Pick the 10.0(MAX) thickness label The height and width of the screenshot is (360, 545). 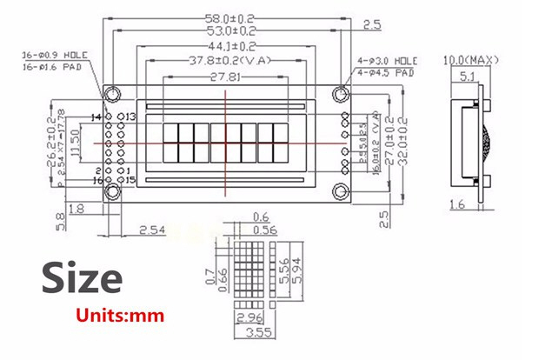pyautogui.click(x=469, y=60)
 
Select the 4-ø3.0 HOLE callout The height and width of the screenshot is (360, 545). pyautogui.click(x=386, y=61)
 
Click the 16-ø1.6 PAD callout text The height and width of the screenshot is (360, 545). pyautogui.click(x=50, y=65)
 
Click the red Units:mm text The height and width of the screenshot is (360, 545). pyautogui.click(x=119, y=315)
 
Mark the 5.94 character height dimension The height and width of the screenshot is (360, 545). pyautogui.click(x=296, y=277)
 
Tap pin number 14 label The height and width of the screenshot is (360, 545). pyautogui.click(x=97, y=117)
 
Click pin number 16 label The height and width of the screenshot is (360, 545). pyautogui.click(x=97, y=180)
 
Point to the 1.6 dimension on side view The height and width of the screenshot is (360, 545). pyautogui.click(x=459, y=204)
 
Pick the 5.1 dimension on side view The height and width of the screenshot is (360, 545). pyautogui.click(x=466, y=77)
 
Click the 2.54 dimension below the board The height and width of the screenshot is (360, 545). pyautogui.click(x=153, y=230)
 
